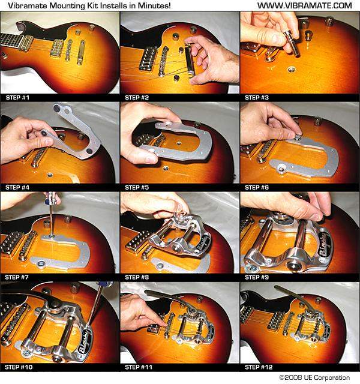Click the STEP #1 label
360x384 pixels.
[17, 97]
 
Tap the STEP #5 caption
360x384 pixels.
[137, 187]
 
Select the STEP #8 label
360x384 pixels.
[137, 277]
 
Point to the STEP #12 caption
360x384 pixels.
[259, 367]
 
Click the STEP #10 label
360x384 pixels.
[19, 367]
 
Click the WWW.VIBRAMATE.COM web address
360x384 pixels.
[305, 5]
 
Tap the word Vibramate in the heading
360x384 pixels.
[28, 5]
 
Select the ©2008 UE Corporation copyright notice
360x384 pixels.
[314, 377]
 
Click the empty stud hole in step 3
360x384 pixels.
[291, 70]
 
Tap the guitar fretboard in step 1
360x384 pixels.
[11, 41]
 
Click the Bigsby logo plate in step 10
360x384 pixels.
[85, 341]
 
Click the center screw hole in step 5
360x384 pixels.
[179, 142]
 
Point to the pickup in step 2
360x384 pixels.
[148, 59]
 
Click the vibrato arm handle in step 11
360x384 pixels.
[167, 298]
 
